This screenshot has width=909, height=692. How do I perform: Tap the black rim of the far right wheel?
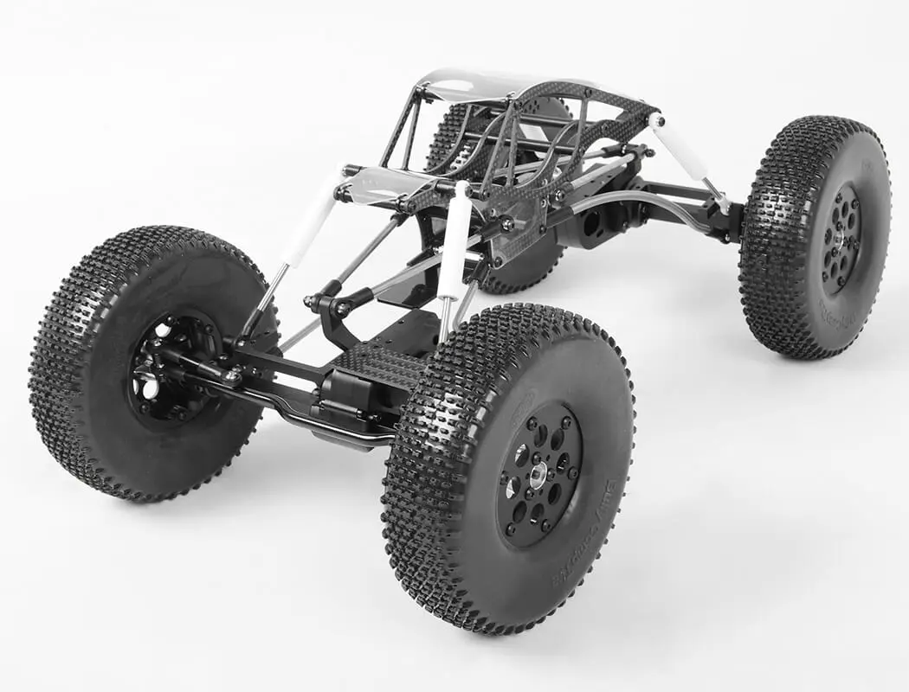[x=842, y=238]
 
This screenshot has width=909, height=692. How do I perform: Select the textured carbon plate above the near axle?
[x=381, y=363]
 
